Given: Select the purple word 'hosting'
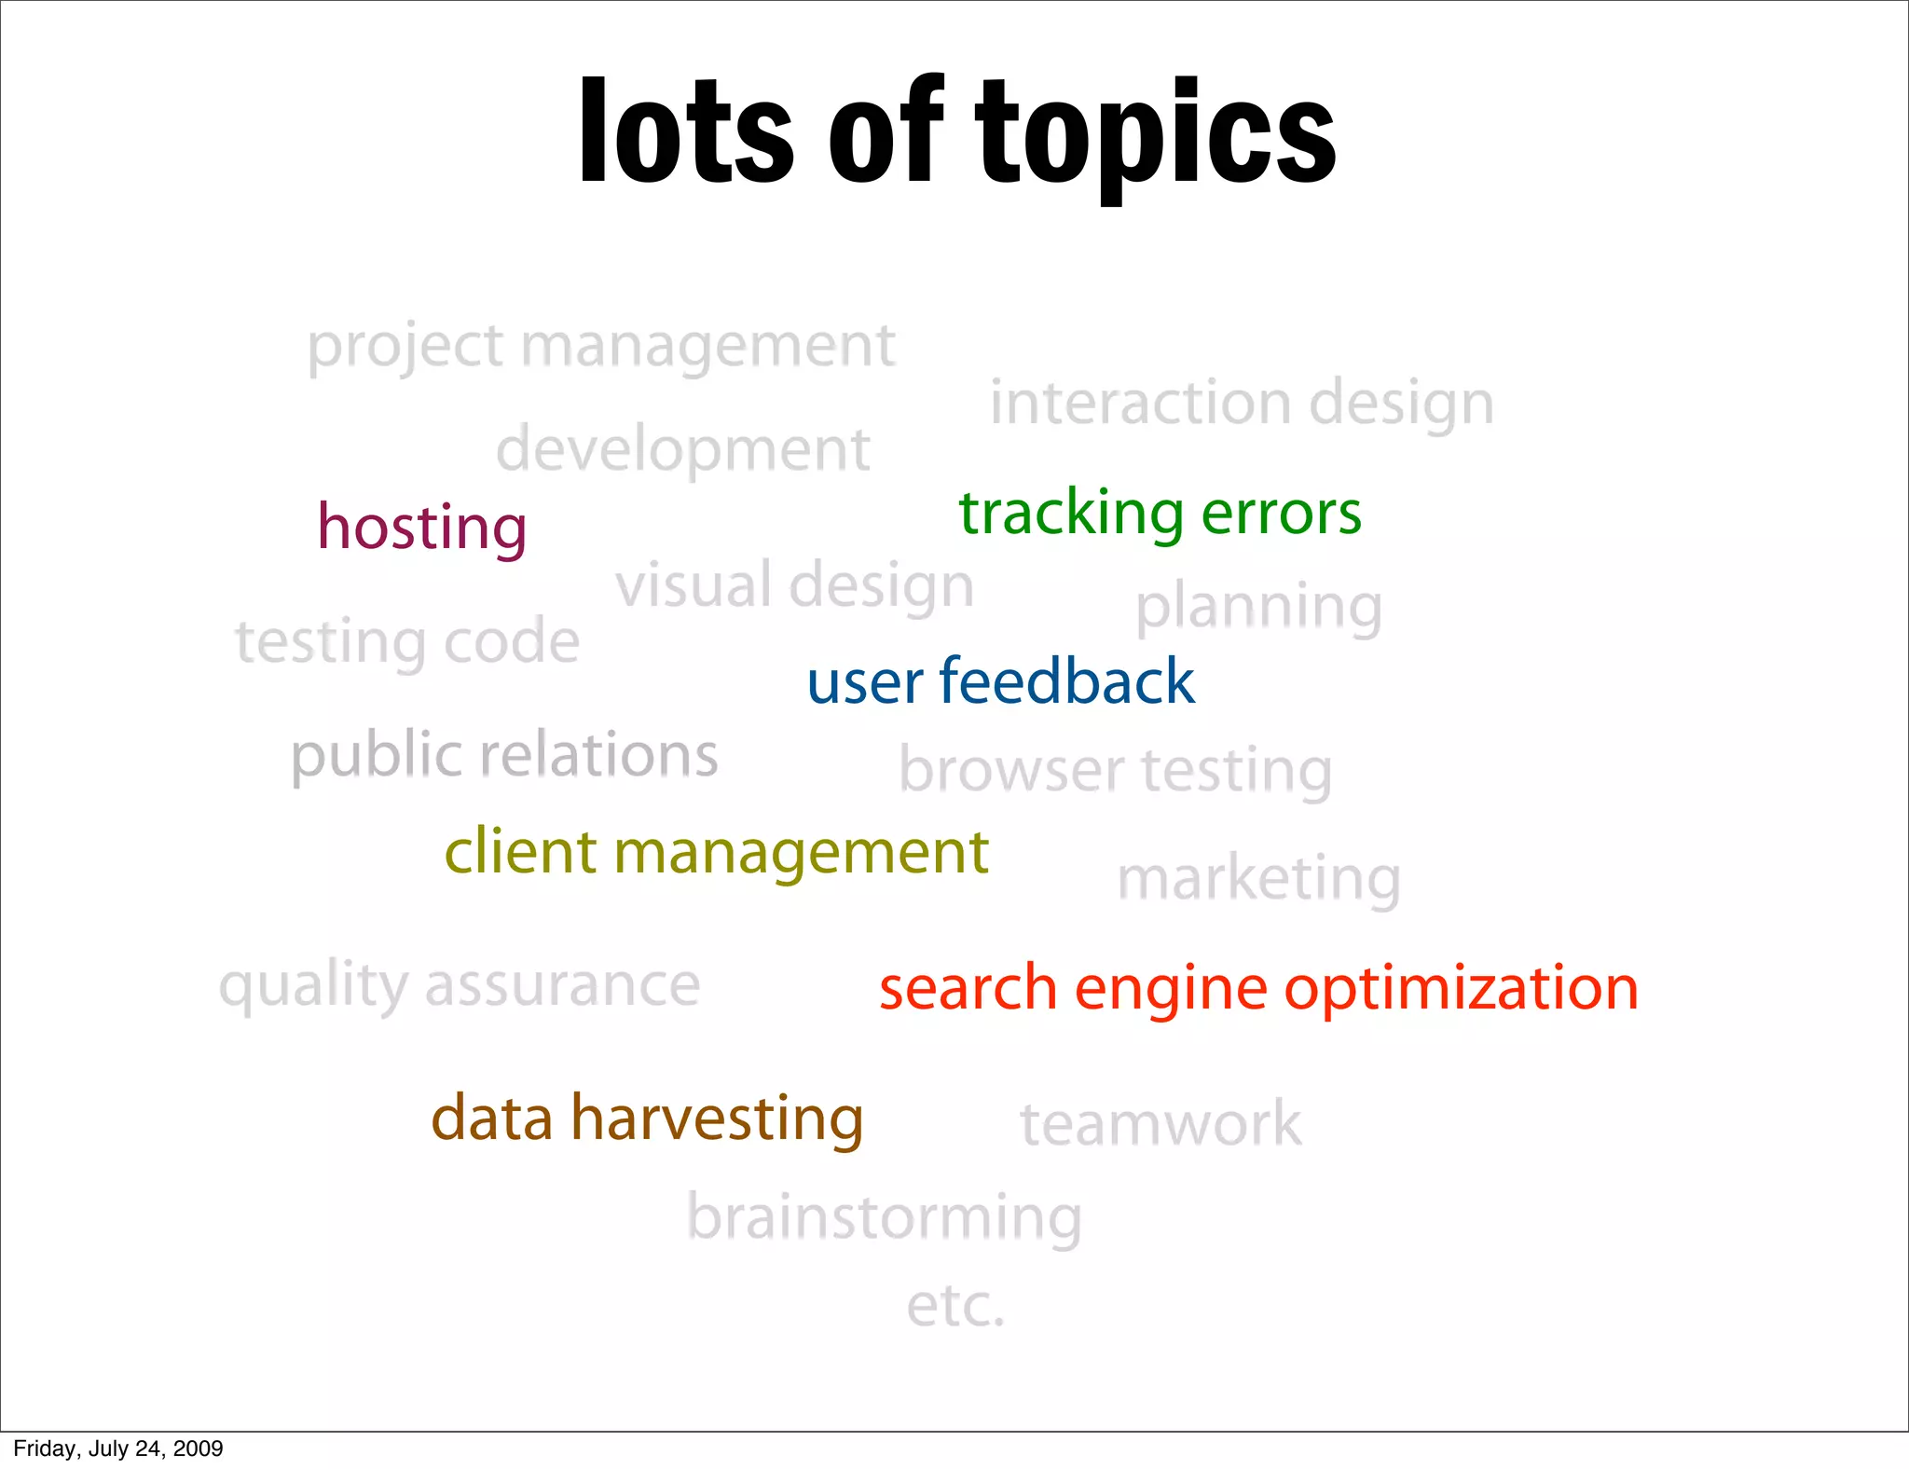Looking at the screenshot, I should pos(422,528).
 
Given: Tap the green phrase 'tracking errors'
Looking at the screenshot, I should pos(1161,514).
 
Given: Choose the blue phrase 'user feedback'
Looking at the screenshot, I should pos(1000,681).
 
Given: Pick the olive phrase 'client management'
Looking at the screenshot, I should pos(716,852).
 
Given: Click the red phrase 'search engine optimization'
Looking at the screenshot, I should pos(1258,989).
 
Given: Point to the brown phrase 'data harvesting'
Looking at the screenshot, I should pos(647,1119).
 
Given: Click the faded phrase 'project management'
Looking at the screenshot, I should pos(601,347).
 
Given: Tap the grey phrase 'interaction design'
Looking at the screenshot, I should pos(1242,404).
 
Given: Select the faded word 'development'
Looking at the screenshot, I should pos(682,450).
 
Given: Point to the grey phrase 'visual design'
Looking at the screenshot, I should pos(794,586).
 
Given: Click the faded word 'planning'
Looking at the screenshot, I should pos(1258,608).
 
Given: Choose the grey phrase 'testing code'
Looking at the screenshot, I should pos(407,642).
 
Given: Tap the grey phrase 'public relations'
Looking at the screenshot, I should pos(504,755).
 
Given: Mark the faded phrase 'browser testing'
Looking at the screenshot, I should pos(1116,772).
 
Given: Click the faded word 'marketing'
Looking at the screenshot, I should pos(1258,879).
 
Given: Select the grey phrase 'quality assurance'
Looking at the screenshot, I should pos(460,986).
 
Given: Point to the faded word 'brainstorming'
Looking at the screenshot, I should pos(884,1218).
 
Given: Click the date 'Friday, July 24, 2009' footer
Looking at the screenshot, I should pos(118,1448).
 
